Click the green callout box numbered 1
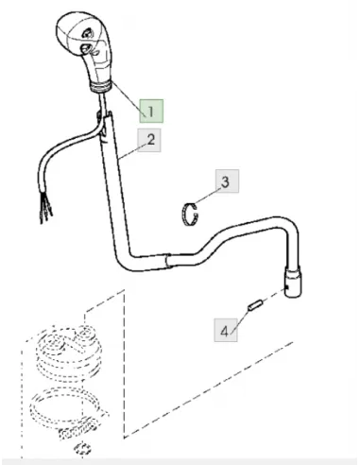click(x=151, y=111)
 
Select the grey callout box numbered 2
click(x=149, y=140)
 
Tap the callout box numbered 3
click(x=227, y=181)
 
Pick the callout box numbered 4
click(x=226, y=330)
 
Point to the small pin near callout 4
click(x=254, y=305)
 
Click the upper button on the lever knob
click(x=88, y=33)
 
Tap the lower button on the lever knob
click(x=86, y=48)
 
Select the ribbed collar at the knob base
click(x=100, y=86)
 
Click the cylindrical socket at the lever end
click(x=293, y=282)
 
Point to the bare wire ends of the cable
click(x=46, y=207)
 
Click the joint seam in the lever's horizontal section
click(x=167, y=261)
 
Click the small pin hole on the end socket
click(x=287, y=287)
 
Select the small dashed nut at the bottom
click(x=82, y=448)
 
